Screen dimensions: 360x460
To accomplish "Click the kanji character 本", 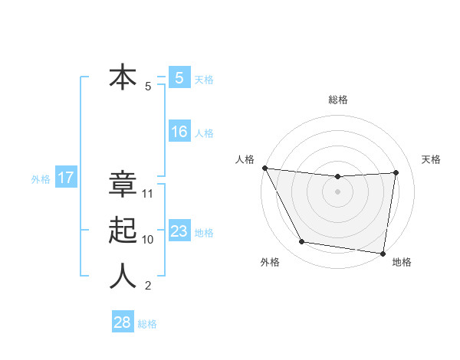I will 123,77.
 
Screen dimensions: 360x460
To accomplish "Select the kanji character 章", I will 123,185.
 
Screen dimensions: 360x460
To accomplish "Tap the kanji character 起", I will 123,231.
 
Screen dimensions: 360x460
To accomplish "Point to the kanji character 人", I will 123,277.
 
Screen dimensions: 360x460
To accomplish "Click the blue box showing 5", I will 179,77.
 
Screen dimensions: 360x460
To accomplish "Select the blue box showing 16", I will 179,132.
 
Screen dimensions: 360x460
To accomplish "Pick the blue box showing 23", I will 179,231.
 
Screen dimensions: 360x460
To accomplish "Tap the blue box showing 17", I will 66,178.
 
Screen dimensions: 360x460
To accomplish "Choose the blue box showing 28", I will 123,322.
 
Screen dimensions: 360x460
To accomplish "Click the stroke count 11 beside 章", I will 149,194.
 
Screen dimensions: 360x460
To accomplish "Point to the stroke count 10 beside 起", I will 149,240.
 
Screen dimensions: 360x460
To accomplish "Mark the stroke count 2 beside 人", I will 148,286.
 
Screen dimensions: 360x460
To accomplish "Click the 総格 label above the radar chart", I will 338,100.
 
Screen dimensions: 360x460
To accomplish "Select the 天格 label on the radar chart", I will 431,159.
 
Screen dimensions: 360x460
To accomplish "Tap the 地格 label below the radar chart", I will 402,262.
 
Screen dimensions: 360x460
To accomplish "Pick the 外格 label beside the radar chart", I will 270,262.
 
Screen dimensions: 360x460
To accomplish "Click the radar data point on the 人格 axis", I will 264,168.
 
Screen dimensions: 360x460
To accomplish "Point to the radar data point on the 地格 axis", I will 383,253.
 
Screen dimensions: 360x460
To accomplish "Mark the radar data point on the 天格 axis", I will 396,172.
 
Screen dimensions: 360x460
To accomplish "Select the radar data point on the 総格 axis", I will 337,177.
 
